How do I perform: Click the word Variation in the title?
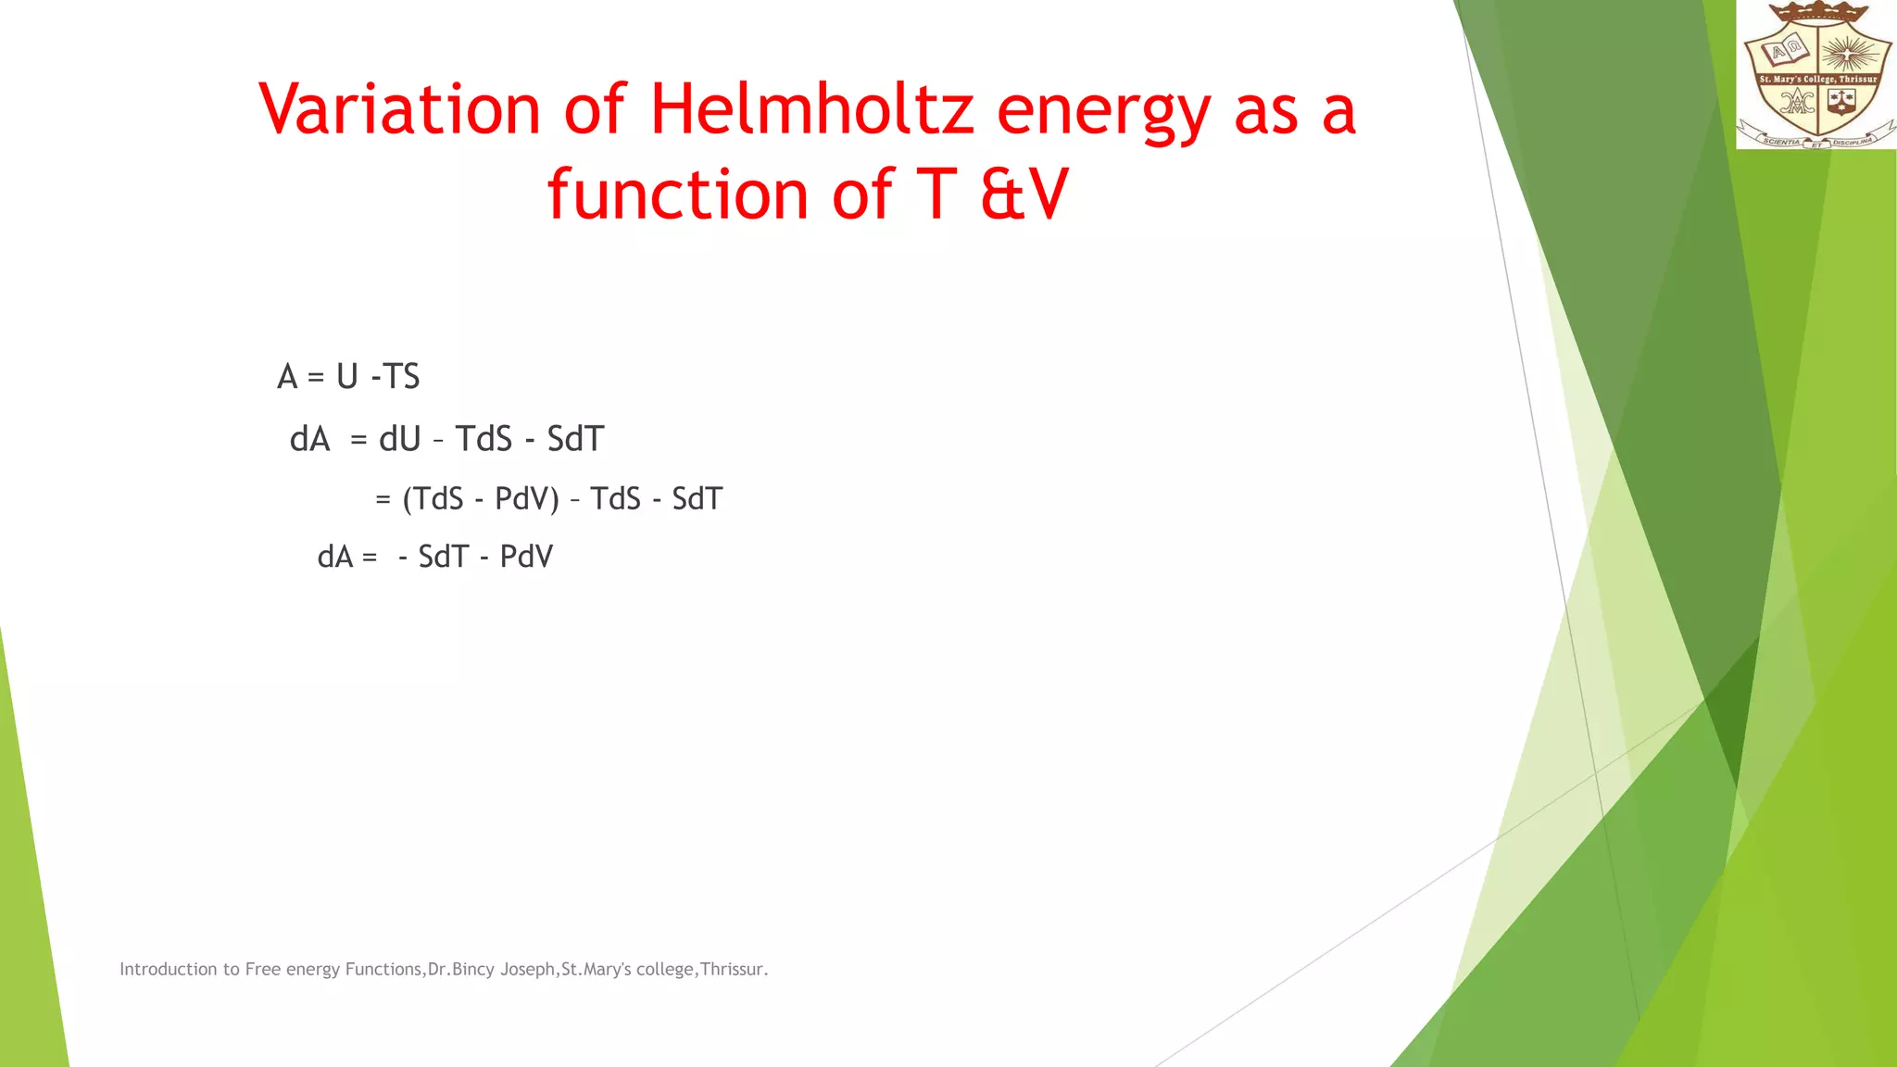(399, 109)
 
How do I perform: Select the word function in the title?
(677, 195)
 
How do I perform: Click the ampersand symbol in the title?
(1002, 195)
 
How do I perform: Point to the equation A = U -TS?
(348, 377)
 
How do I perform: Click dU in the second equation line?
(399, 438)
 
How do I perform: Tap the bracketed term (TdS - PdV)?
(480, 499)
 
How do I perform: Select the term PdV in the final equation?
(526, 557)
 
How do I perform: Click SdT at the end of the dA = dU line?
(575, 438)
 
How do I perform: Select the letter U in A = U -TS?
(347, 377)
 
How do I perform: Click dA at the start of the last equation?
(335, 557)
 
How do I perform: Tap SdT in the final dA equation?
(444, 557)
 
